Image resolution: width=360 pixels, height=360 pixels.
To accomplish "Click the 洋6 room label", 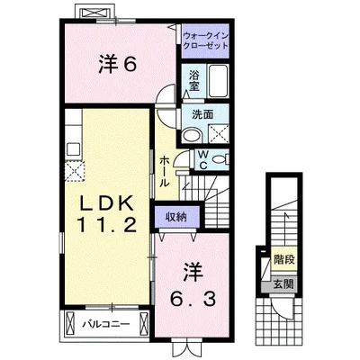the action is (118, 65).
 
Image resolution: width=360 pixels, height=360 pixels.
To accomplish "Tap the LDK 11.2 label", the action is (107, 215).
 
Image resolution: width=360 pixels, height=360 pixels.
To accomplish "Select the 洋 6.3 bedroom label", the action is (193, 284).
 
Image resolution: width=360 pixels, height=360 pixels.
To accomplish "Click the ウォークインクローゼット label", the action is (205, 40).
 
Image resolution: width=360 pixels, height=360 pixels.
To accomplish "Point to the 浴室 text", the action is (194, 80).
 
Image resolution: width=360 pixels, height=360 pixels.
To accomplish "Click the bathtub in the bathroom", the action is (218, 80).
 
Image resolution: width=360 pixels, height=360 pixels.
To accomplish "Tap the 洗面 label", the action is (202, 114).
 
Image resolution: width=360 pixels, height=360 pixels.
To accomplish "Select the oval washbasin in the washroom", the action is (192, 136).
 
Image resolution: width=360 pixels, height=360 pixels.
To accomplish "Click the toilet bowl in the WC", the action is (220, 159).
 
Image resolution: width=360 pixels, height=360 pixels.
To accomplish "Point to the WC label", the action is (203, 159).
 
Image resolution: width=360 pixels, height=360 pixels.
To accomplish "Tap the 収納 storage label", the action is (176, 217).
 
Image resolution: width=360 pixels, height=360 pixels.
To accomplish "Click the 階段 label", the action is (284, 258).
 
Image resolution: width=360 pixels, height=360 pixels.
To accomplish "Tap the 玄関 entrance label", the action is (283, 283).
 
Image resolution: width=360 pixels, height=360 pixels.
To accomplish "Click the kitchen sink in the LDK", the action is (73, 148).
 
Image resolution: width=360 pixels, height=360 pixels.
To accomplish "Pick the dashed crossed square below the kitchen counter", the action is (75, 171).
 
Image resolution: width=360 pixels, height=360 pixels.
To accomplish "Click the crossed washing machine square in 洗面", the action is (219, 133).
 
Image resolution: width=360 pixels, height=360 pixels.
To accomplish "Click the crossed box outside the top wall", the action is (94, 13).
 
